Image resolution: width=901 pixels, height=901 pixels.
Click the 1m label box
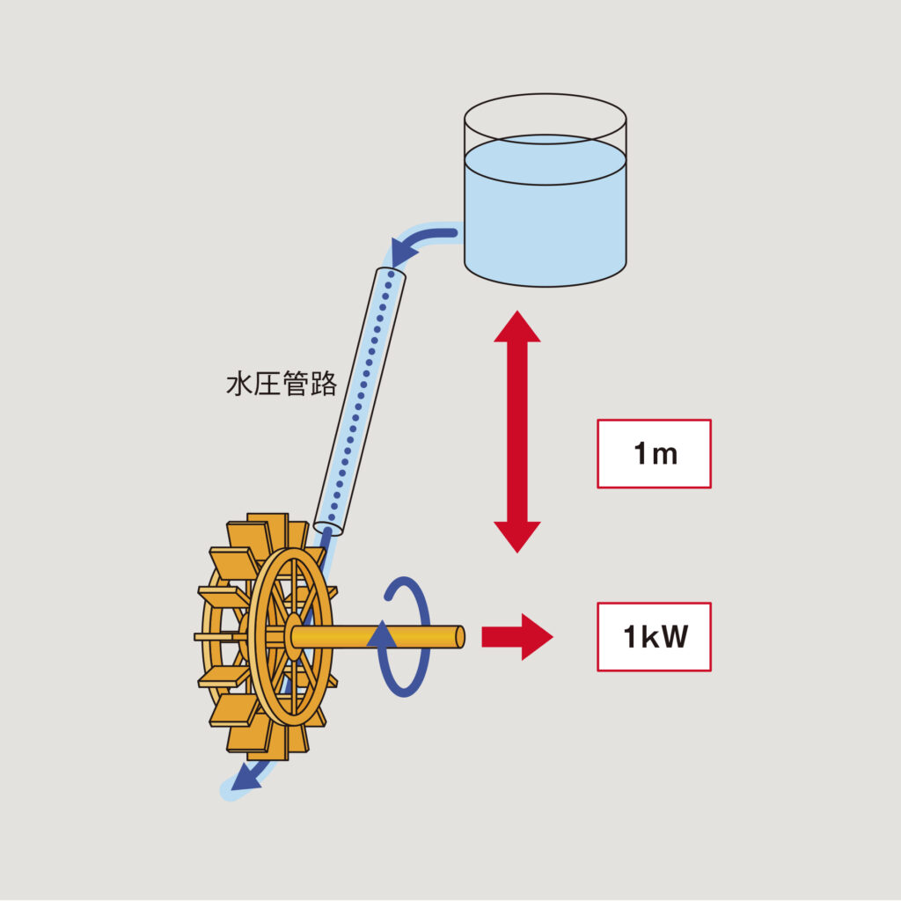654,453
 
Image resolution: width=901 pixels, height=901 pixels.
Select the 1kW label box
654,636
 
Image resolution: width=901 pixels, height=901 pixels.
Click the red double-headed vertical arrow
516,431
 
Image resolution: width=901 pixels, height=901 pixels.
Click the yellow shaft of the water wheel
378,636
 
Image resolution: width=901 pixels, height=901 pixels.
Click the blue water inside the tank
546,220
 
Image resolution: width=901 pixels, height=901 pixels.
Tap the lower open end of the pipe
328,528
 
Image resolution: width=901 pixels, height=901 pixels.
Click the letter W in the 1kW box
673,636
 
